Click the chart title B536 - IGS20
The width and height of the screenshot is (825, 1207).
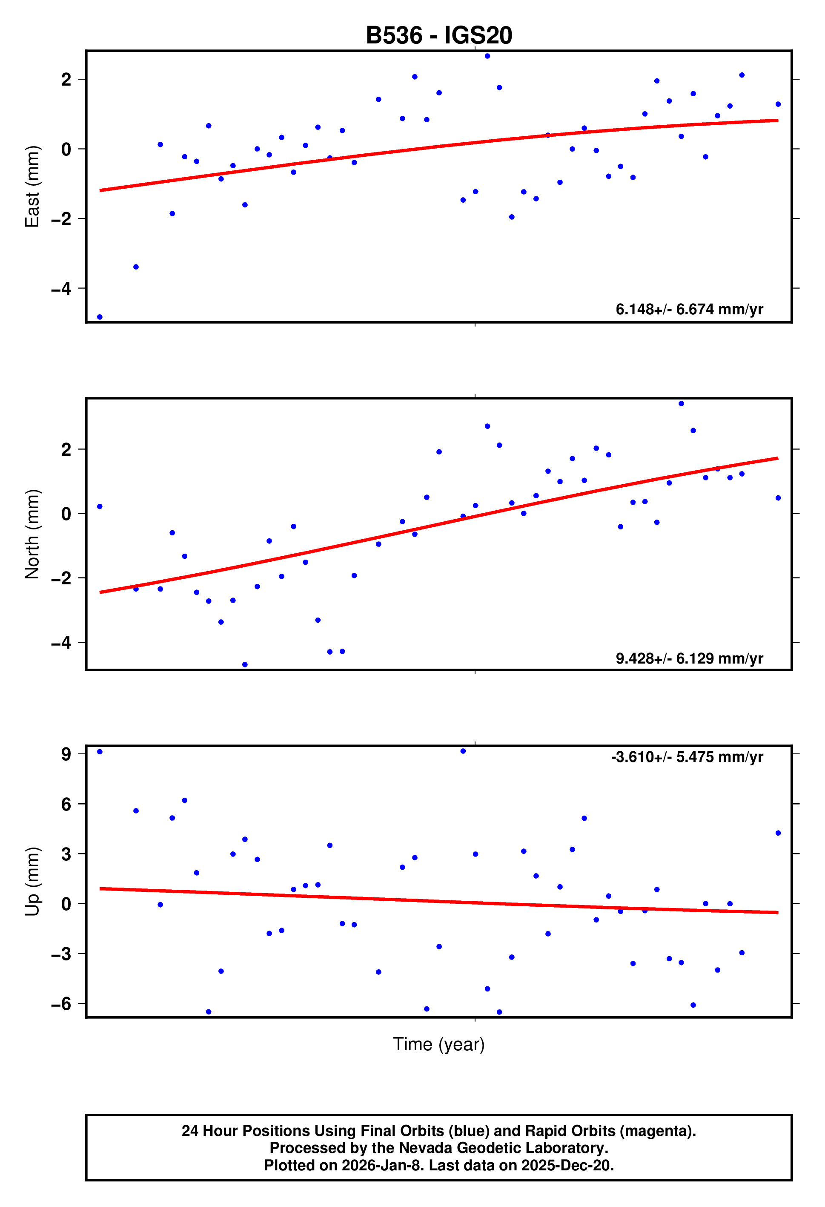(x=439, y=35)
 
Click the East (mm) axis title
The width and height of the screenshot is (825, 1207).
(x=32, y=187)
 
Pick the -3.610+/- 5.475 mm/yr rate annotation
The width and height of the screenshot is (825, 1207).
(x=687, y=757)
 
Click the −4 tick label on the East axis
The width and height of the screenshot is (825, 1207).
(x=61, y=288)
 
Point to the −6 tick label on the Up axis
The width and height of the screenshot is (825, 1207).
(x=61, y=1004)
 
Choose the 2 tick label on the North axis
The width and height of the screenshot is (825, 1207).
(x=66, y=449)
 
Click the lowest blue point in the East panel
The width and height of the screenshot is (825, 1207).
(x=100, y=317)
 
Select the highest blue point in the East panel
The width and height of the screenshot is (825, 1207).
(x=487, y=56)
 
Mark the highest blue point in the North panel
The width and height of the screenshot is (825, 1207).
(x=681, y=404)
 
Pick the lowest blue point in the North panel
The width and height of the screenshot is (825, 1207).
(x=245, y=665)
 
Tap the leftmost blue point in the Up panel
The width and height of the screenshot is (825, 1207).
(x=100, y=752)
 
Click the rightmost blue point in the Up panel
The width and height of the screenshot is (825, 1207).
(x=778, y=833)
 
